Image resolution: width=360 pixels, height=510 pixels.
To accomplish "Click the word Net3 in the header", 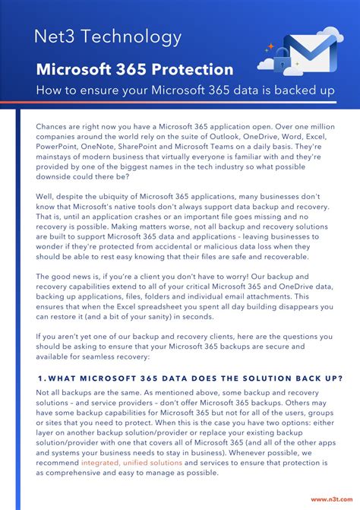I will pyautogui.click(x=53, y=36).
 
